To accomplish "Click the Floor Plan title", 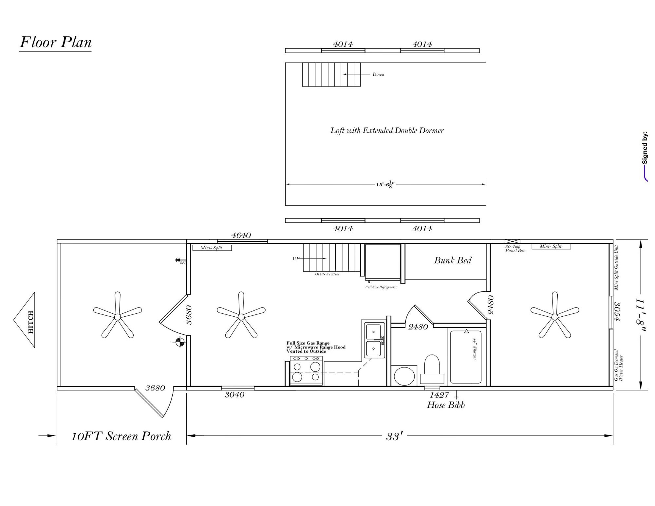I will pyautogui.click(x=55, y=42).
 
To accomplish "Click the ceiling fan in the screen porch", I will pyautogui.click(x=117, y=316).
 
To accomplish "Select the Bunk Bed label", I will pyautogui.click(x=453, y=261).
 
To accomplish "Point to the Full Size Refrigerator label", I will pyautogui.click(x=381, y=287).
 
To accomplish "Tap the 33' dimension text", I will pyautogui.click(x=394, y=437).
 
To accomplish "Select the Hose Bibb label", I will pyautogui.click(x=446, y=405).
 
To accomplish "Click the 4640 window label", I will pyautogui.click(x=241, y=235).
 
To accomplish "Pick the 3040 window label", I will pyautogui.click(x=234, y=395).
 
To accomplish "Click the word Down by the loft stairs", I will pyautogui.click(x=378, y=74).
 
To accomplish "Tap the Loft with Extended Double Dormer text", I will pyautogui.click(x=387, y=131).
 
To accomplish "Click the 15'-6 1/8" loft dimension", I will pyautogui.click(x=385, y=185).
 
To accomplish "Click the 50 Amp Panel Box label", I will pyautogui.click(x=515, y=249).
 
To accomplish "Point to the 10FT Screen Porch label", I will pyautogui.click(x=122, y=436).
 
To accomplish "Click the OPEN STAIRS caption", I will pyautogui.click(x=327, y=274).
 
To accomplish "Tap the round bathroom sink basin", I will pyautogui.click(x=404, y=376).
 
